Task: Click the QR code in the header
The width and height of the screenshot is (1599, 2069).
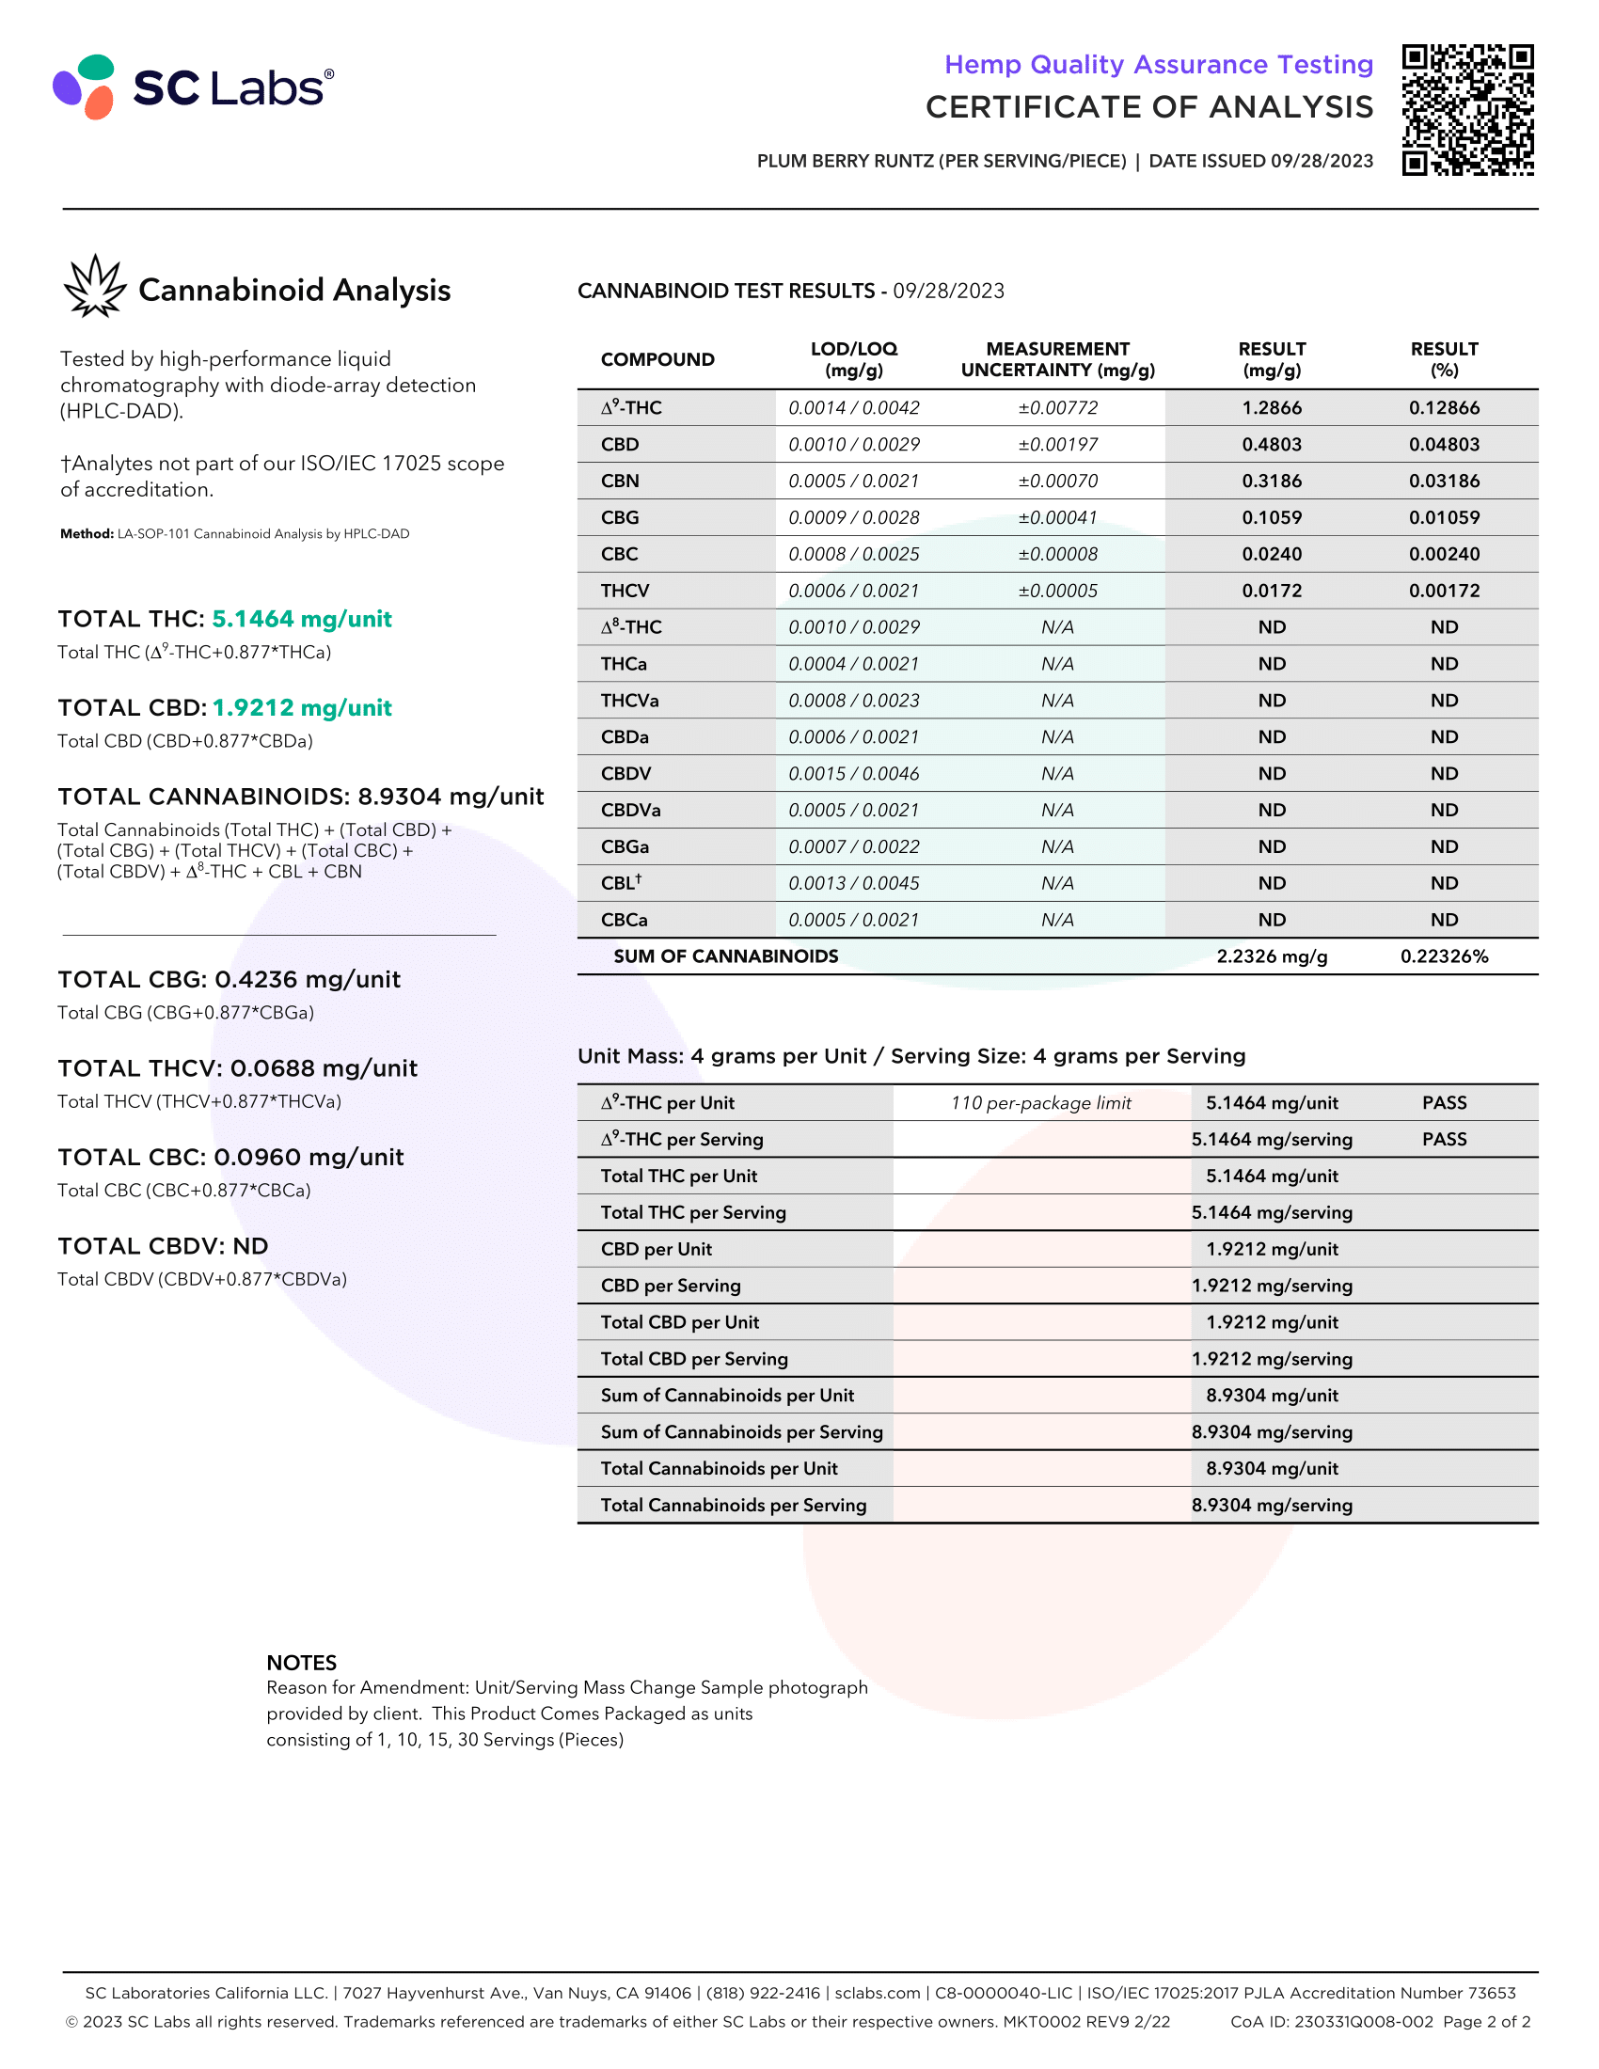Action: point(1467,110)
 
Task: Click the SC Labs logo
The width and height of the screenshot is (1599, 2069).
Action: point(193,87)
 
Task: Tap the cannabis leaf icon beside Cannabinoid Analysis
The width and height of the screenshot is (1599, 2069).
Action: point(94,286)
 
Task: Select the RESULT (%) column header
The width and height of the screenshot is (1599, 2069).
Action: point(1443,359)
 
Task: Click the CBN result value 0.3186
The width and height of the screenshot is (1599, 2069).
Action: point(1272,482)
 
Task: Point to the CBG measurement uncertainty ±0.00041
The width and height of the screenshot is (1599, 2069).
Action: point(1057,517)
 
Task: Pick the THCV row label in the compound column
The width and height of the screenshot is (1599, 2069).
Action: point(625,592)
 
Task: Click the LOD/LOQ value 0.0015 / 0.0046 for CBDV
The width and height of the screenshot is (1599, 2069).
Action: point(853,774)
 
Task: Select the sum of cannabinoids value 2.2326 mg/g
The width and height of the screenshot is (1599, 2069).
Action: point(1272,956)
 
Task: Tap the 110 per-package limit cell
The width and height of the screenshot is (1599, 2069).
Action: point(1040,1103)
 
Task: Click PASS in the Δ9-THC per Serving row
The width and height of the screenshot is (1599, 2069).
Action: point(1443,1140)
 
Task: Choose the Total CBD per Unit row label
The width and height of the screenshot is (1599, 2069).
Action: point(679,1322)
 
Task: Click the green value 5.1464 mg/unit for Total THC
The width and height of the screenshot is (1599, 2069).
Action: point(301,620)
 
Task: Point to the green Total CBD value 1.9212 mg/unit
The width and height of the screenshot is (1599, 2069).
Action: point(301,708)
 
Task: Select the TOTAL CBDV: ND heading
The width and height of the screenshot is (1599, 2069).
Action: point(163,1247)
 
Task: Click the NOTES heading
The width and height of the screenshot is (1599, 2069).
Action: point(301,1663)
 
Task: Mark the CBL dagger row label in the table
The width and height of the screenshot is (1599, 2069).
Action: point(621,883)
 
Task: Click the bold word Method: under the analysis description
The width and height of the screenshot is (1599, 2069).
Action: point(87,534)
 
